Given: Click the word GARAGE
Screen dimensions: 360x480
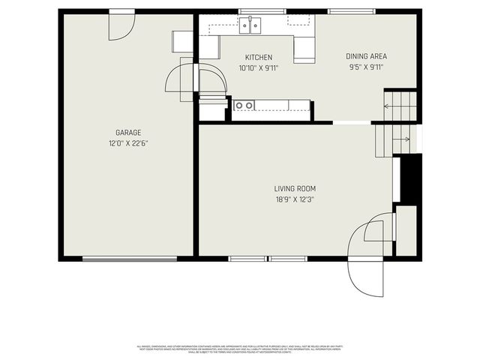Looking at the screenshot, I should (x=128, y=133).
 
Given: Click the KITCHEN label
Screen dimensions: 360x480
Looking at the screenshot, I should (x=258, y=58).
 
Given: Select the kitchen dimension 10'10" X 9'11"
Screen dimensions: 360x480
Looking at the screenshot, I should (x=258, y=68).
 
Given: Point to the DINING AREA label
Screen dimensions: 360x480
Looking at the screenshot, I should (x=365, y=56).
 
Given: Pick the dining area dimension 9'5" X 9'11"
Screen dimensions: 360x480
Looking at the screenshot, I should (x=365, y=67).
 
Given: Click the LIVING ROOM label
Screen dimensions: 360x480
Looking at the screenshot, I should (x=295, y=189).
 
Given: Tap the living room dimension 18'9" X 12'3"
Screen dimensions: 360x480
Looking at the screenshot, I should (x=295, y=199).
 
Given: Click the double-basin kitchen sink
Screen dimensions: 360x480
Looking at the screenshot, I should (x=250, y=26).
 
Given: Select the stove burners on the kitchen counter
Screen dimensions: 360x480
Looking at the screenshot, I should (x=244, y=105).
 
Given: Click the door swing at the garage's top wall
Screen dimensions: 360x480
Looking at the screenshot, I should (x=121, y=26).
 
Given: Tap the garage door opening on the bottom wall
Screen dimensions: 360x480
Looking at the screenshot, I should (x=130, y=259).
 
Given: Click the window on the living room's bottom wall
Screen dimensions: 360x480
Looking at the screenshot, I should (x=268, y=259).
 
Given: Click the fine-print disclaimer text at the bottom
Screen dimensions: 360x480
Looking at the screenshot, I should (x=239, y=349).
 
